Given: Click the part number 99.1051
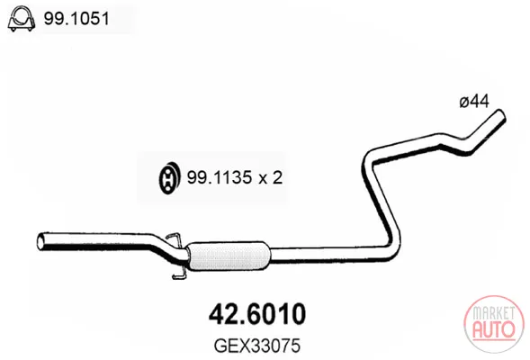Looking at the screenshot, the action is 76,18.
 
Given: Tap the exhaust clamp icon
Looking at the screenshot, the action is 22,19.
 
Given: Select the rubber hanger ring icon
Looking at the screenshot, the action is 169,178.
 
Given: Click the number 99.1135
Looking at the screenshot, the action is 220,177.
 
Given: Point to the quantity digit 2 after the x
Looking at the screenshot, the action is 277,177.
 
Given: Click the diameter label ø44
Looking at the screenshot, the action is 474,101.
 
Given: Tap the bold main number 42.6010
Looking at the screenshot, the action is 257,314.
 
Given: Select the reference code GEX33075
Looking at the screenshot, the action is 257,346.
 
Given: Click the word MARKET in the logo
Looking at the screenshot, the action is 494,312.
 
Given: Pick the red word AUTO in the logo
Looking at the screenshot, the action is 494,329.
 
